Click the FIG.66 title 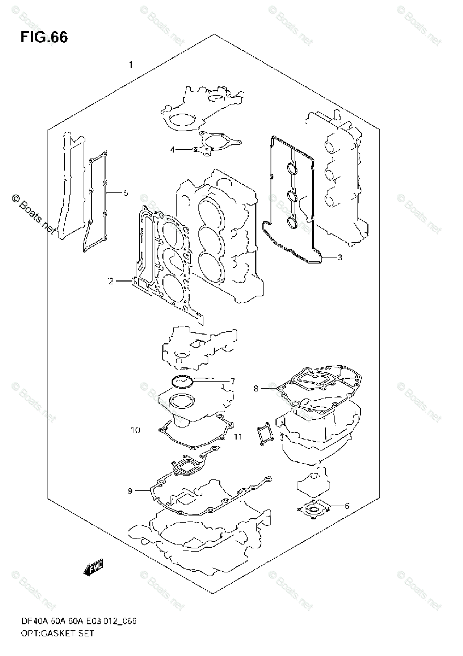point(44,38)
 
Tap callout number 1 point(131,65)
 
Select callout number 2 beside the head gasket point(111,282)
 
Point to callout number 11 point(237,436)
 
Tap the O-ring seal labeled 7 point(180,381)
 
